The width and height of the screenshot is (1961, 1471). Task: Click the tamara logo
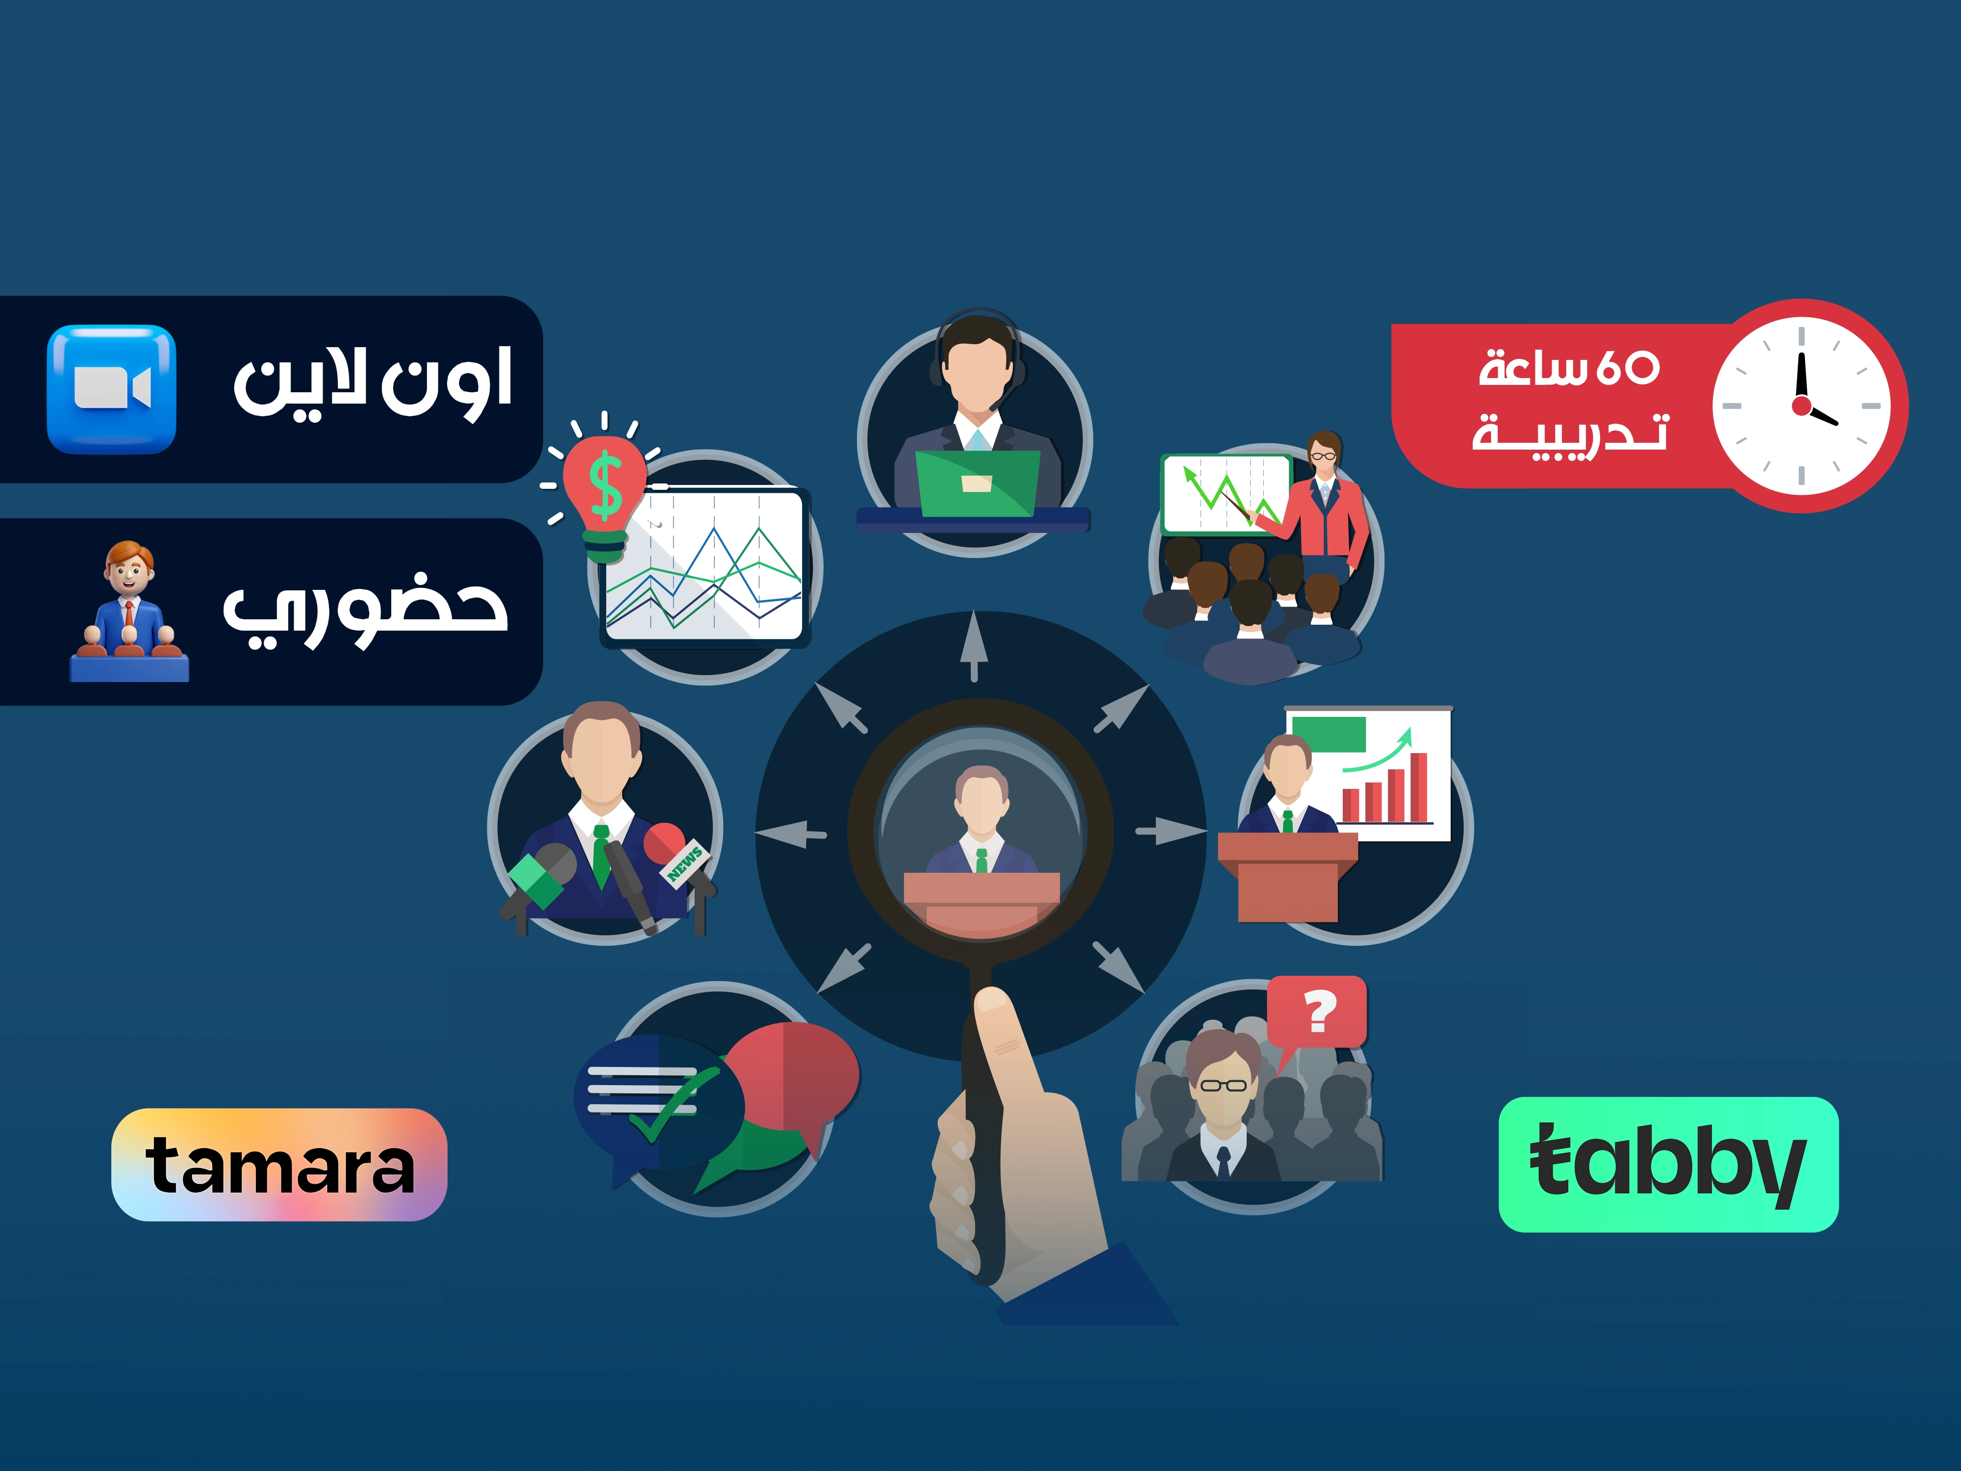point(279,1164)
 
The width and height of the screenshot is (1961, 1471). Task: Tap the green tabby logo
point(1668,1164)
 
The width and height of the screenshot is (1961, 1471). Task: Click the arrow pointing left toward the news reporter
point(791,834)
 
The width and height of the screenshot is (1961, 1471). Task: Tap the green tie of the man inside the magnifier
point(981,860)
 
